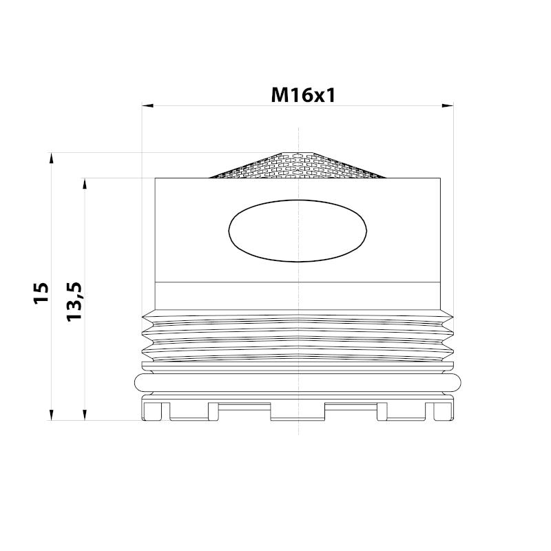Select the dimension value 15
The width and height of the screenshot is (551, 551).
click(x=41, y=292)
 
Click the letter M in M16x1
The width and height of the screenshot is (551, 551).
click(x=280, y=95)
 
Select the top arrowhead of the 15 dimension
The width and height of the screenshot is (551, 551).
click(x=51, y=158)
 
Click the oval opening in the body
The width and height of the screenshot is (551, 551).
click(x=297, y=231)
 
